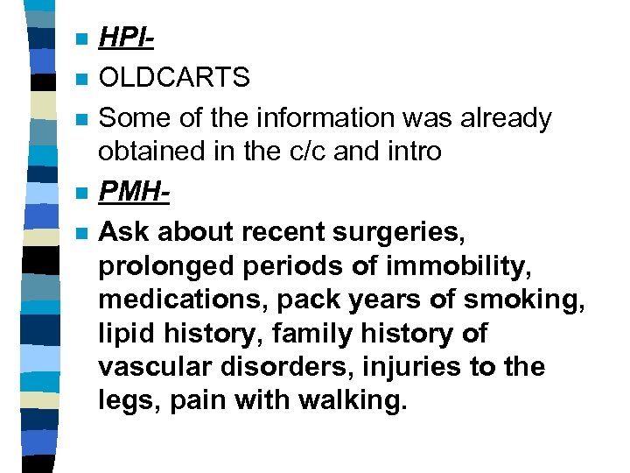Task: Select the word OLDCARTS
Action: [174, 78]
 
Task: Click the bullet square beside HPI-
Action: [81, 40]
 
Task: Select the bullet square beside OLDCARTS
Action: [81, 79]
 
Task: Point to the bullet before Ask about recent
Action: [81, 233]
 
